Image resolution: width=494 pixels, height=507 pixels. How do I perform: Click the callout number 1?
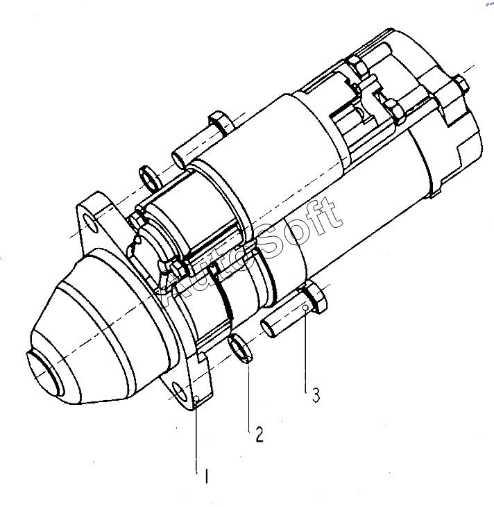[x=207, y=476]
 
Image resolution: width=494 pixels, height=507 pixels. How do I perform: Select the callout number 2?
[x=259, y=434]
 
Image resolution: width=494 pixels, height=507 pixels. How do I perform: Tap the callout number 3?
[x=316, y=394]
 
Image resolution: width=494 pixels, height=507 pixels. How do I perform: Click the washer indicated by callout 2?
[x=240, y=349]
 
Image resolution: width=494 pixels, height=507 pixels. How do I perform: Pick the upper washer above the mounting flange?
[x=150, y=178]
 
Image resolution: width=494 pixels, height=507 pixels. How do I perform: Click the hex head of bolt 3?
[x=314, y=297]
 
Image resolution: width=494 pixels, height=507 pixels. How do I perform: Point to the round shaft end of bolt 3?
[x=269, y=328]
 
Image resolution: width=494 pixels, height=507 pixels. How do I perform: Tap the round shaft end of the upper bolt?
[x=179, y=160]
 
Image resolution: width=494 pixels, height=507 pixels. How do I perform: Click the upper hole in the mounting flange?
[x=91, y=223]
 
